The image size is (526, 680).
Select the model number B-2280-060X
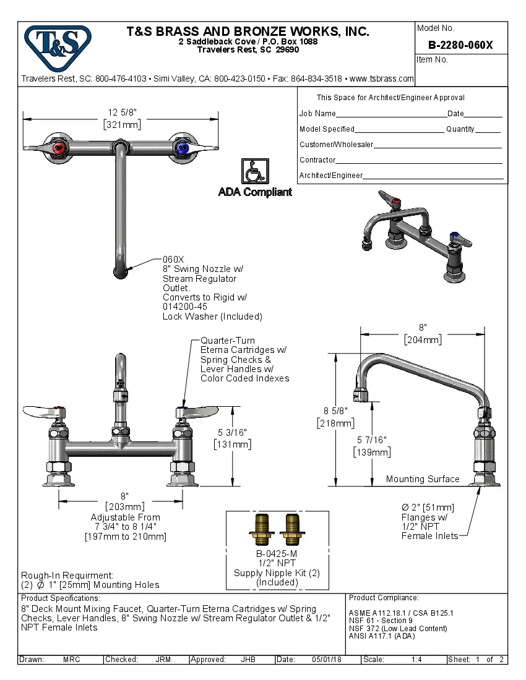coord(461,45)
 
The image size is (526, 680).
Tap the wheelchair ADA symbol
coord(254,171)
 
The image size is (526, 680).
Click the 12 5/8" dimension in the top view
coord(122,112)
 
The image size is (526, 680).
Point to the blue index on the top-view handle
coord(181,148)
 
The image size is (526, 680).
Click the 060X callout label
coord(174,260)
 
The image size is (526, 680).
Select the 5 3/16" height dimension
coord(231,432)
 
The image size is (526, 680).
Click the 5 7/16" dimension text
coord(372,440)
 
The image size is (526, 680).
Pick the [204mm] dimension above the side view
coord(423,340)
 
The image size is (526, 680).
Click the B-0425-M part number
coord(277,554)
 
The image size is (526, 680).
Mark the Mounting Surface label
coord(423,479)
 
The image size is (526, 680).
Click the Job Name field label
coord(317,114)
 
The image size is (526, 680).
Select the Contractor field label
coord(317,160)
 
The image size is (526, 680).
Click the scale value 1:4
coord(416,660)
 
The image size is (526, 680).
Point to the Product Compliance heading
coord(384,598)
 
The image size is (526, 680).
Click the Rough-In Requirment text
coord(67,575)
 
